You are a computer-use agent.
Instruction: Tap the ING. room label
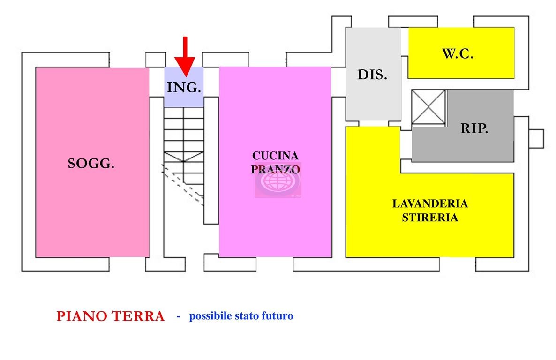click(184, 88)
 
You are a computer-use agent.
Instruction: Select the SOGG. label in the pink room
click(91, 164)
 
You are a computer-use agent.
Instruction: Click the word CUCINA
click(275, 156)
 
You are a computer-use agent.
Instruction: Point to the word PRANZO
click(275, 169)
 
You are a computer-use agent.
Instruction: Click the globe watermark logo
click(277, 180)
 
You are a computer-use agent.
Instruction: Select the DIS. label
click(372, 75)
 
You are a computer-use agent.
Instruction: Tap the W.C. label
click(458, 53)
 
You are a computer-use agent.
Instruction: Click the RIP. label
click(474, 129)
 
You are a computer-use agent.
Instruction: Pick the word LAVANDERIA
click(430, 204)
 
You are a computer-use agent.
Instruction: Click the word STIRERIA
click(430, 217)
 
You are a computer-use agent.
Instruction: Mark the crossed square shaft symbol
click(428, 107)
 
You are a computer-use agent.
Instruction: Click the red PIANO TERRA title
click(111, 316)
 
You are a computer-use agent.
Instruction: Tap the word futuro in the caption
click(279, 316)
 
